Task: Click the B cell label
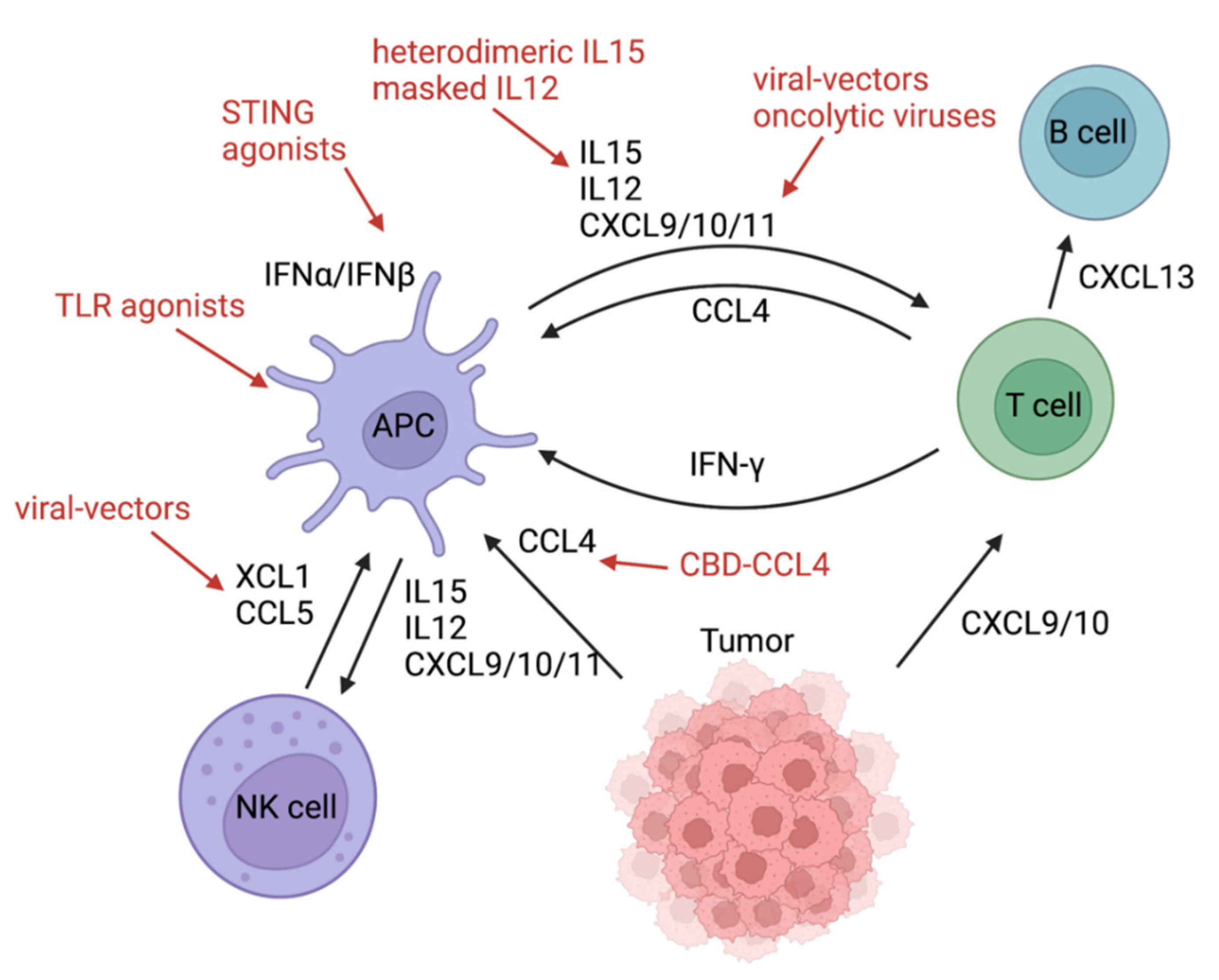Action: (x=1087, y=132)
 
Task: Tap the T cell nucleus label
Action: (x=1043, y=406)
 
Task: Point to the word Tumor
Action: (x=747, y=641)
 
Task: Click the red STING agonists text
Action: (x=283, y=131)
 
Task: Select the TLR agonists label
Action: (x=150, y=306)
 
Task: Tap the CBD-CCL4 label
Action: (x=754, y=565)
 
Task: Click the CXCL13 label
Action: (x=1136, y=278)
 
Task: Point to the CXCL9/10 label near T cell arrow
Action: (x=1035, y=624)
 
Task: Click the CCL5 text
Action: (x=274, y=613)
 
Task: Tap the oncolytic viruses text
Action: (x=874, y=116)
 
